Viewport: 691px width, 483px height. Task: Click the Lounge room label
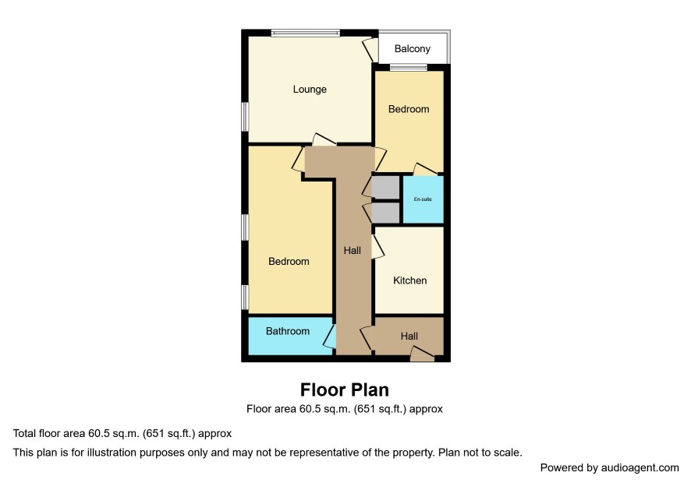click(x=310, y=90)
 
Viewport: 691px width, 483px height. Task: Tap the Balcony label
click(x=412, y=49)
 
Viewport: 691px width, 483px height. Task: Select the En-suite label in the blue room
click(x=423, y=199)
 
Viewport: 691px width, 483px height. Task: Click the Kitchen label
click(x=409, y=280)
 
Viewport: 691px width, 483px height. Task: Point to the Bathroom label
click(x=288, y=331)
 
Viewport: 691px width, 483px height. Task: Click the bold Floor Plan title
click(x=345, y=390)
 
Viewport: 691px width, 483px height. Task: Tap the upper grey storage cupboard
click(x=385, y=187)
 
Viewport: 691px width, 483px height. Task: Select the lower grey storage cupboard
click(x=385, y=213)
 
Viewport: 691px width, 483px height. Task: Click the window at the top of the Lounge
click(x=306, y=33)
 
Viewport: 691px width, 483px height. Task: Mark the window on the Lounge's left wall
click(x=245, y=116)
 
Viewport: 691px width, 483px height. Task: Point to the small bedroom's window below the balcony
click(x=409, y=67)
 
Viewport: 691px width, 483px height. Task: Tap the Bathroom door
click(x=330, y=337)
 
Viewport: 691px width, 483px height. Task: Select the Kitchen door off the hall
click(x=377, y=246)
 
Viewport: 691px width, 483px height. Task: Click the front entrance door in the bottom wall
click(x=422, y=354)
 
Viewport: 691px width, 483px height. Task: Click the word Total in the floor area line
click(x=24, y=433)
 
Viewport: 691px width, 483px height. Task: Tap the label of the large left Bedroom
click(x=289, y=262)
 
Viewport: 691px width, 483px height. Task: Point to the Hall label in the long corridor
click(x=352, y=251)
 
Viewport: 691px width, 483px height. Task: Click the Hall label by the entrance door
click(x=409, y=337)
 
